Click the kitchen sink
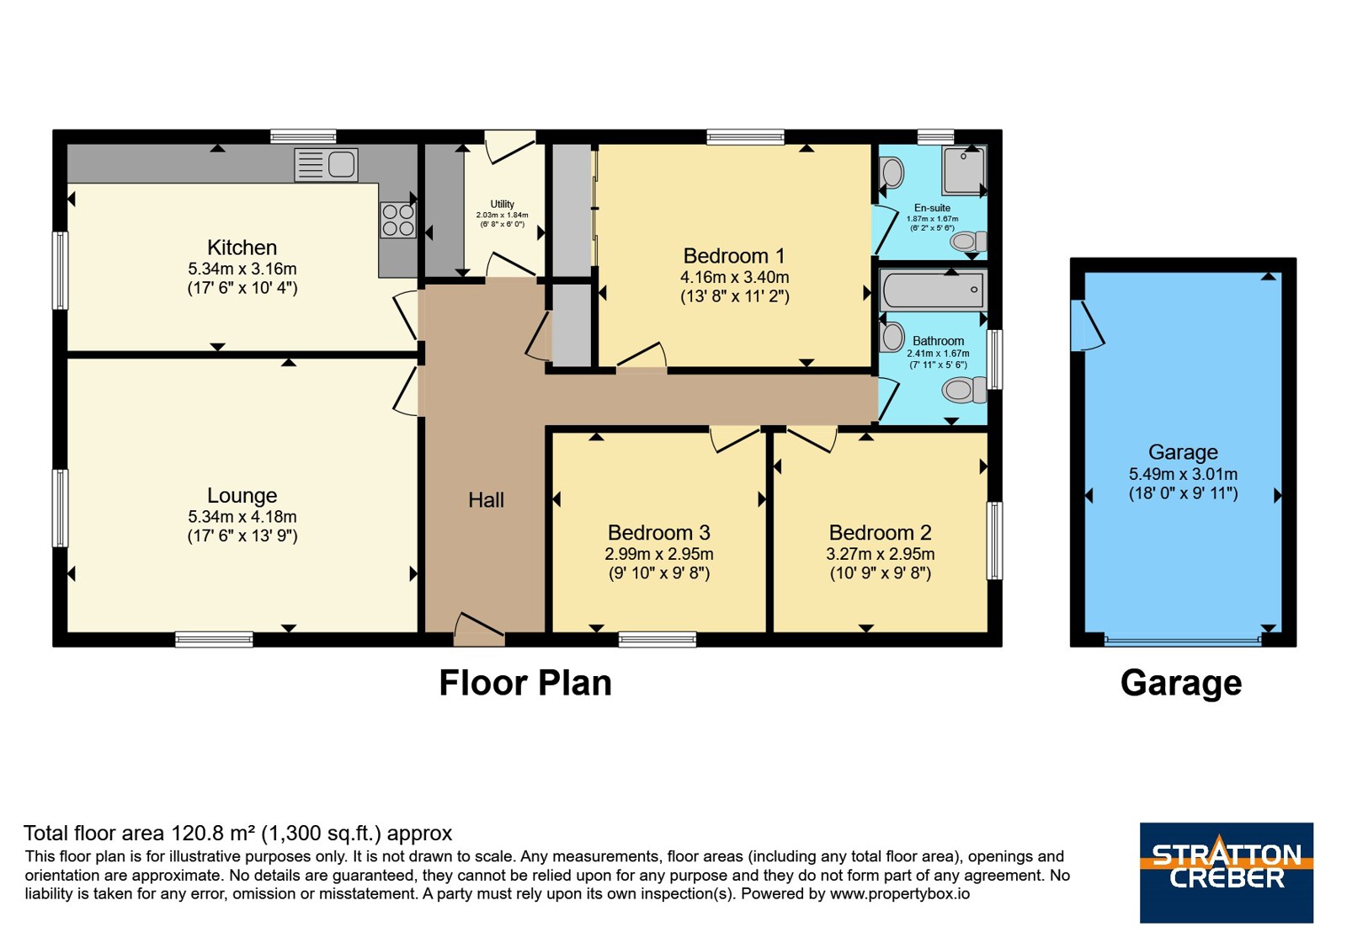pos(326,165)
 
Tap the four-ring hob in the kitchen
pos(398,220)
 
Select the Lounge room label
pos(242,496)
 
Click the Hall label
pos(486,500)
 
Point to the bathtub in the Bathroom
pos(933,290)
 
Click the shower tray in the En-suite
pos(964,171)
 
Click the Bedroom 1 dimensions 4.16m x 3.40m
pos(734,277)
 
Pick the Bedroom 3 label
pos(659,533)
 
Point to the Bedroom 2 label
pos(881,533)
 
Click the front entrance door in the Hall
pos(479,630)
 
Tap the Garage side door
pos(1088,325)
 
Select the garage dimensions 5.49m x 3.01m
pos(1183,474)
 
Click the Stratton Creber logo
pos(1226,872)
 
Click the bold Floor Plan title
pos(525,683)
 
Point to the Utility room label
pos(502,204)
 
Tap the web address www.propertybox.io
pos(900,893)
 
